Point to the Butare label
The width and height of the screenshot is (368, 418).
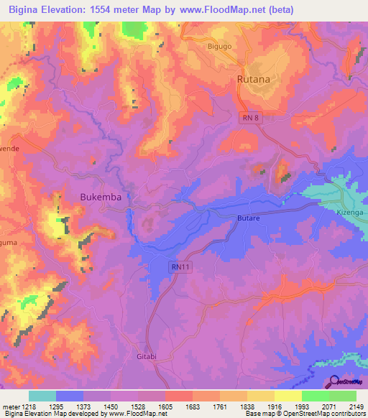[x=247, y=215]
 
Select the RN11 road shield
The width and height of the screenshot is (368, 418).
[x=182, y=266]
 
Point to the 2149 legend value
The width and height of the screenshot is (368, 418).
[x=357, y=407]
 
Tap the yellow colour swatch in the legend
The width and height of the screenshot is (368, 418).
[x=287, y=396]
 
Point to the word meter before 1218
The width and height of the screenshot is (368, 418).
[x=10, y=407]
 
